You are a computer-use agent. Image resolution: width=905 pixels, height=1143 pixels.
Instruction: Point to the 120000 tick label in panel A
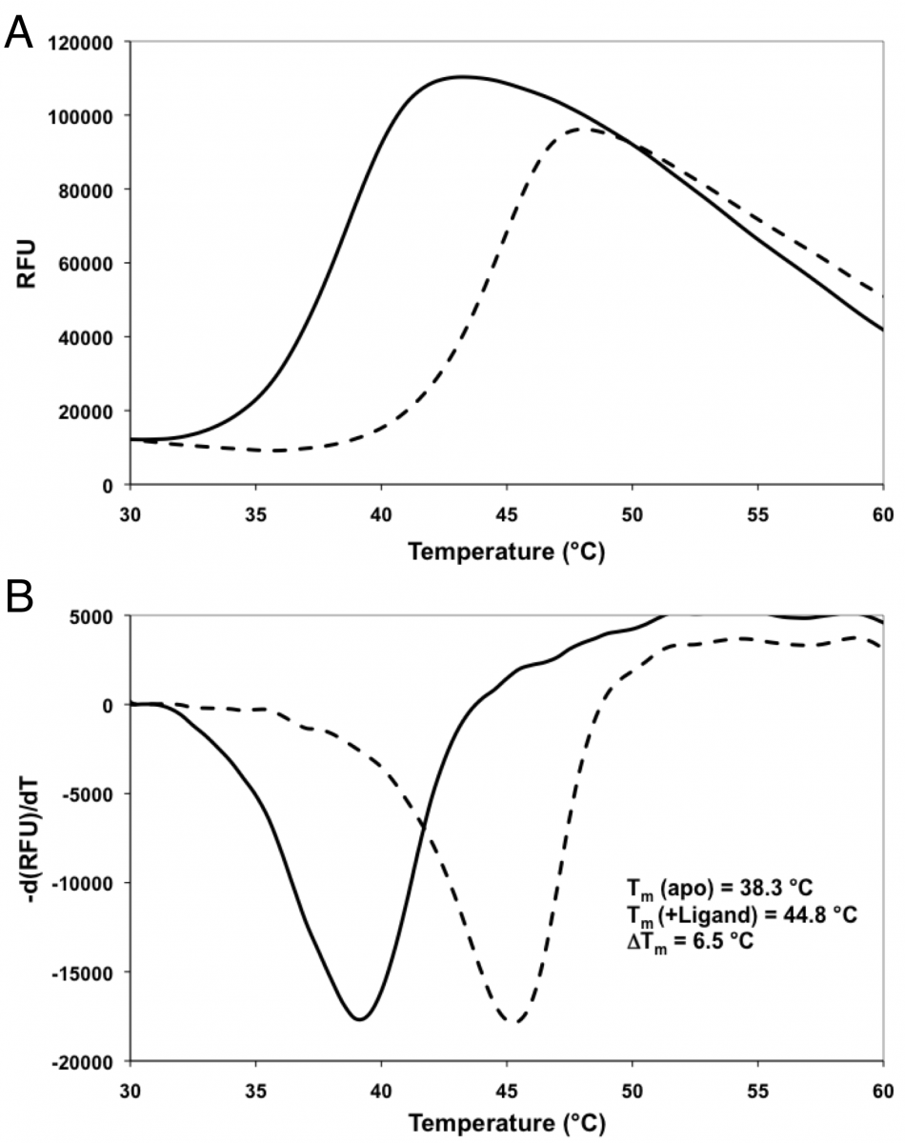81,43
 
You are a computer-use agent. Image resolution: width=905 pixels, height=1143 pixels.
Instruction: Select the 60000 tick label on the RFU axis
86,264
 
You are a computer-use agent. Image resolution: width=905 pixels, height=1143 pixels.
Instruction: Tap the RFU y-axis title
27,264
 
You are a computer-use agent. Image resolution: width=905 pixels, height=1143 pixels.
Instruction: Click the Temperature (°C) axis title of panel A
507,551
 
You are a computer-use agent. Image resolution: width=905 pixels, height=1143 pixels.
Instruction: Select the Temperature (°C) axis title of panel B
507,1123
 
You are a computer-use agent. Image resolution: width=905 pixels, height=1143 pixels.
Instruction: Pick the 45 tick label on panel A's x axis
507,514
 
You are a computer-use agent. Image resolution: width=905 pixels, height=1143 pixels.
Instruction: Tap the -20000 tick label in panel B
82,1062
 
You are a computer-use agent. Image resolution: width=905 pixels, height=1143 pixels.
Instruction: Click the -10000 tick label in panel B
82,883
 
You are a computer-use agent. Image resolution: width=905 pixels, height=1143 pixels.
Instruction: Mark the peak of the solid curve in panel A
463,77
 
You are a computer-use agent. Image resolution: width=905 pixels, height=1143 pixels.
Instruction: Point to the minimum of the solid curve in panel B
360,1019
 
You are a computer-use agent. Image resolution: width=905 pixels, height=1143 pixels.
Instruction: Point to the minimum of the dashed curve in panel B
513,1021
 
